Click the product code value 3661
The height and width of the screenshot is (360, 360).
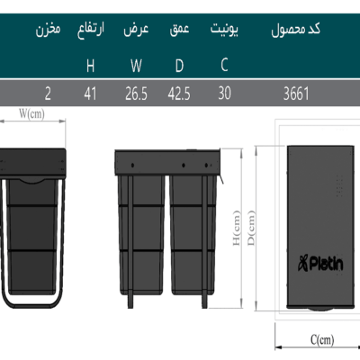296,94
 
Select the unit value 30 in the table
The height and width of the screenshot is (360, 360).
224,94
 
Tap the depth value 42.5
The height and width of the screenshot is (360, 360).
179,94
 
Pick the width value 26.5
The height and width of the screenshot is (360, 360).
136,94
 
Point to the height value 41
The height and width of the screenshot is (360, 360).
90,94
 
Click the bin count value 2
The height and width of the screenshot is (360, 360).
48,94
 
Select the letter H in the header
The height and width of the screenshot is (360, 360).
90,66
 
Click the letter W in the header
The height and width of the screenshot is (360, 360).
136,66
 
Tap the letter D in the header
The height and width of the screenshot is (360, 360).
179,66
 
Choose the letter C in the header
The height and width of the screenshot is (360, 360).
224,65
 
